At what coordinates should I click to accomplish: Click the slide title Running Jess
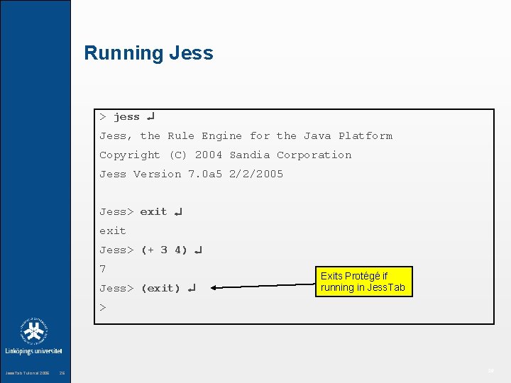(x=148, y=53)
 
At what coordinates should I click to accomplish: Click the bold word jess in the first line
(x=126, y=117)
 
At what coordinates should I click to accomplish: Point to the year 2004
(x=209, y=155)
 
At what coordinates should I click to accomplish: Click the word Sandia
(x=250, y=155)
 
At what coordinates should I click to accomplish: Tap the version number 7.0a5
(x=205, y=174)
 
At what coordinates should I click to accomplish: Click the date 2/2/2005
(x=255, y=174)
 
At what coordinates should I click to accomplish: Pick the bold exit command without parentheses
(x=153, y=212)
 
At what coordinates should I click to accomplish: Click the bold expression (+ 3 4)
(x=164, y=250)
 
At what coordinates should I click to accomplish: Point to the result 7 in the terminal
(x=103, y=270)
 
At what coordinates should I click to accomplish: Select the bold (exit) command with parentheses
(x=160, y=289)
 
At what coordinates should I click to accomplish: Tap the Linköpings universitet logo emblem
(x=33, y=331)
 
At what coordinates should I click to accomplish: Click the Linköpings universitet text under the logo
(x=34, y=351)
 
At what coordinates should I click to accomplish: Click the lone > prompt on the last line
(x=103, y=308)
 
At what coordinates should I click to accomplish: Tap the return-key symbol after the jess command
(x=151, y=116)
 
